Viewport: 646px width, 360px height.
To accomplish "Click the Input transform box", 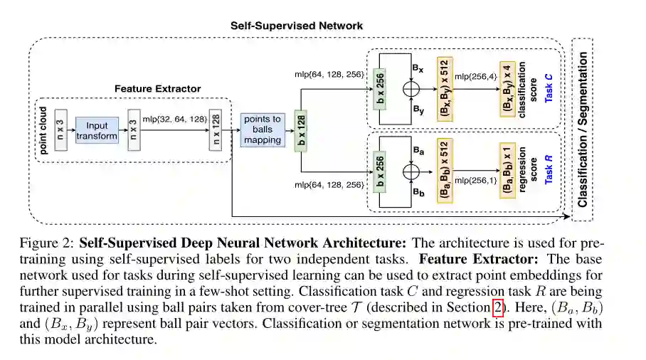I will [x=96, y=131].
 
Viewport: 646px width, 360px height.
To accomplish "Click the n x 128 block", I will [x=214, y=131].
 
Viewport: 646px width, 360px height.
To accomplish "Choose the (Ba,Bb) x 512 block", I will [x=443, y=171].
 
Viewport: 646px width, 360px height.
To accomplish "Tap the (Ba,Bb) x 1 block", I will [x=506, y=171].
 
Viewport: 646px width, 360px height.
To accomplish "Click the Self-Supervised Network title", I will [x=296, y=26].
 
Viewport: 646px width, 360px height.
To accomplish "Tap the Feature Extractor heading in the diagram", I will [x=157, y=89].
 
